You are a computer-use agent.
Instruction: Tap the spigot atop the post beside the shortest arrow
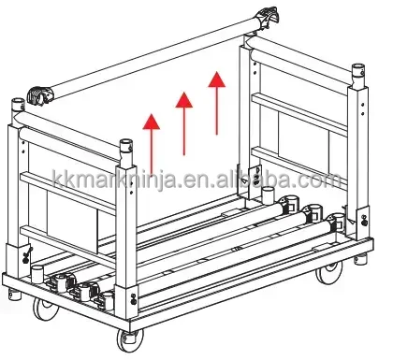tap(126, 149)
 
